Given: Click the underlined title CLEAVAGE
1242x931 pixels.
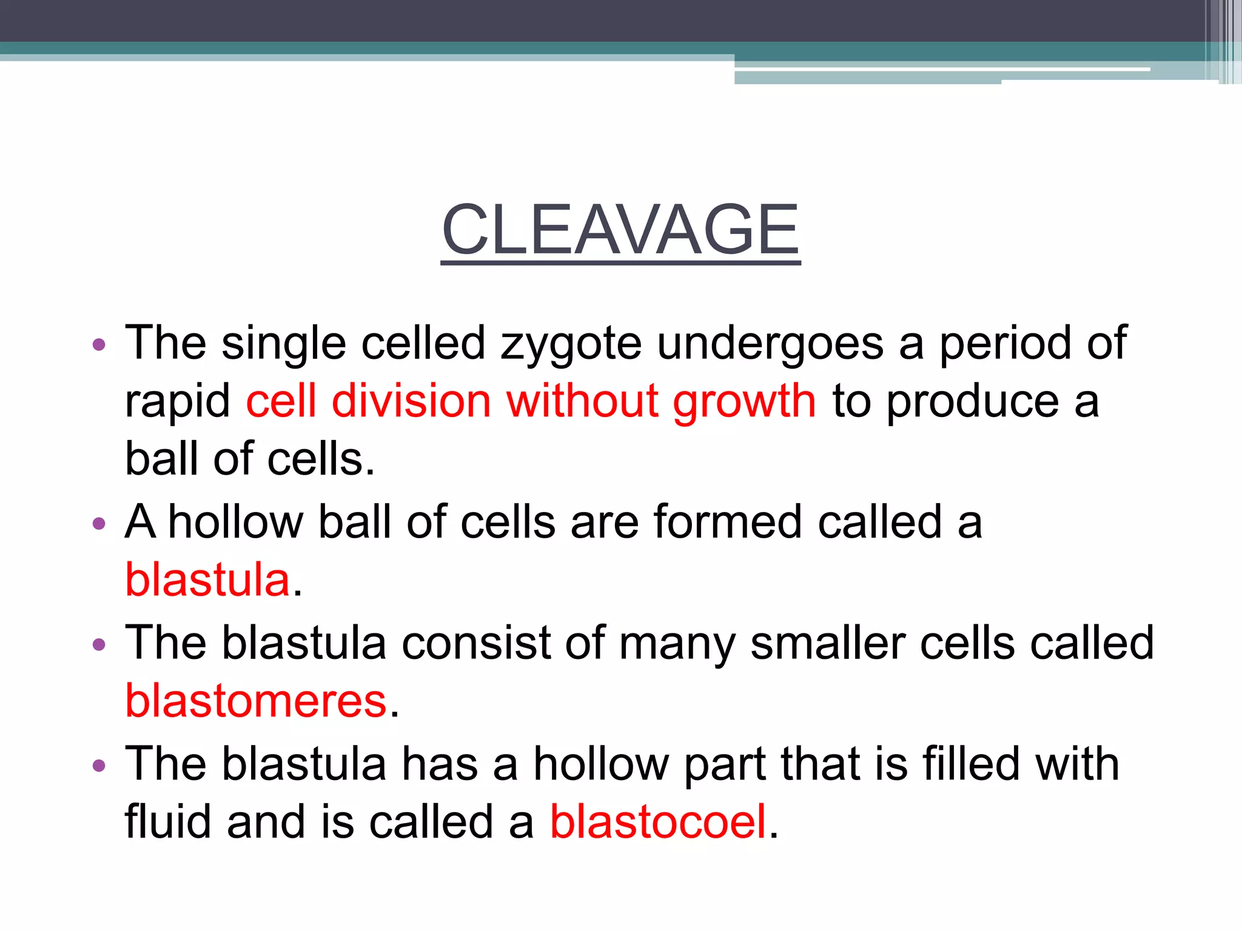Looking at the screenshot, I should tap(620, 230).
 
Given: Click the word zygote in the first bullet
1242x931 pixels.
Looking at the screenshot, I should tap(571, 344).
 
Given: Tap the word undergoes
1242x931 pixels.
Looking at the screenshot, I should tap(770, 344).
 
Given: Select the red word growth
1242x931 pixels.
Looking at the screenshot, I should tap(744, 402).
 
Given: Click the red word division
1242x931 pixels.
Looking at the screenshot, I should tap(411, 401).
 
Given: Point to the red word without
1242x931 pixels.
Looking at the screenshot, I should tap(582, 401).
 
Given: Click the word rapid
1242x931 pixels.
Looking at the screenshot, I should tap(177, 402).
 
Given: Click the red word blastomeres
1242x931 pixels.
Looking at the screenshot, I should tap(255, 701).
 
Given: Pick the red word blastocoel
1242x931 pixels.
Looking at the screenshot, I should tap(658, 823).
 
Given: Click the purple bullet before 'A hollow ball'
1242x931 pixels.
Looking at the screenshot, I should tap(99, 523).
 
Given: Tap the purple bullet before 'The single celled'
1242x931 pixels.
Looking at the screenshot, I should tap(99, 345).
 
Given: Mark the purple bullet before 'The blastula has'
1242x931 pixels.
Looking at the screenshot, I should tap(99, 766).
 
